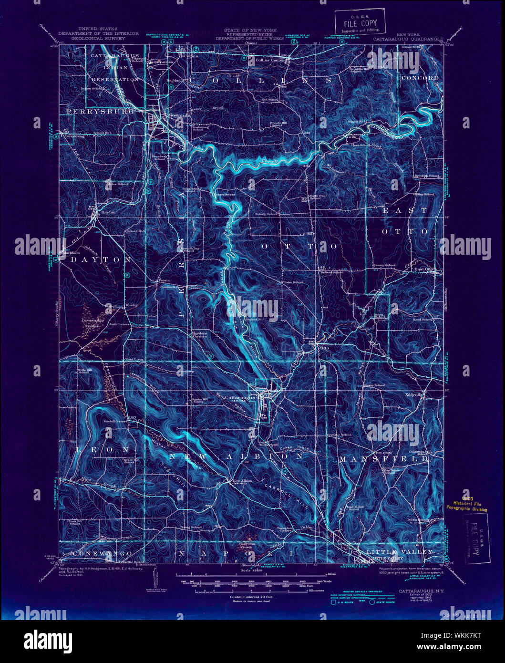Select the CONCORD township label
[420, 78]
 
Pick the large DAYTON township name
[101, 259]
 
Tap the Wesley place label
[132, 305]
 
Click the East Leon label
[134, 360]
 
